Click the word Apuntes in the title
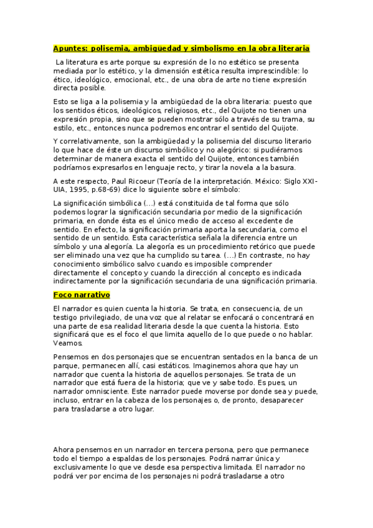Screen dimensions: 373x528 (x=70, y=48)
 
